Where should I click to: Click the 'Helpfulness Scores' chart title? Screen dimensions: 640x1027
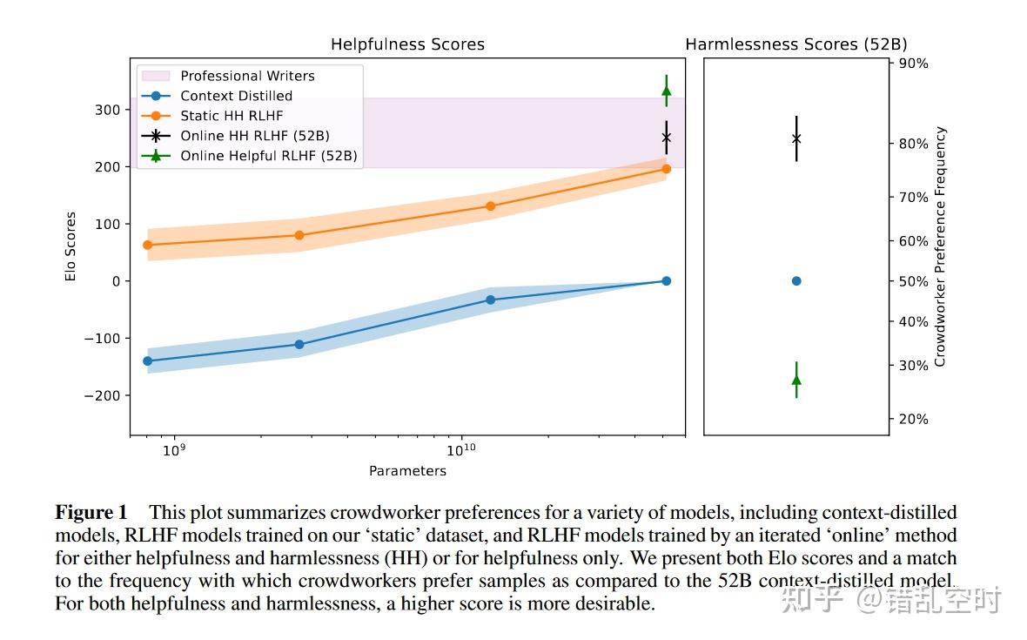(x=407, y=44)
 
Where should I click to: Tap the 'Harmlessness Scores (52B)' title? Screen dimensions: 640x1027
(x=795, y=44)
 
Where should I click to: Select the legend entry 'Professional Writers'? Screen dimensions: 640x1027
(x=247, y=76)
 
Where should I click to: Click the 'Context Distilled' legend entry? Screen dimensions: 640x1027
(x=236, y=96)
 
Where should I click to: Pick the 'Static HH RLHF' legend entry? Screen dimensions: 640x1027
(x=232, y=115)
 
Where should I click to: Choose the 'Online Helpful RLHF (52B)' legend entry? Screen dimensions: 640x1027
(x=268, y=156)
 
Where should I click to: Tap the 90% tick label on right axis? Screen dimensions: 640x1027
(x=913, y=63)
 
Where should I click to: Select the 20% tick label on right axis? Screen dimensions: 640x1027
(x=913, y=419)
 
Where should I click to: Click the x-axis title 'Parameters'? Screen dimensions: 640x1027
(x=407, y=471)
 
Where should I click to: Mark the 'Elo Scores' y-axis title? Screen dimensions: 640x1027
(x=71, y=246)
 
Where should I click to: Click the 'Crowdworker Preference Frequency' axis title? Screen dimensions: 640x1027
(x=940, y=246)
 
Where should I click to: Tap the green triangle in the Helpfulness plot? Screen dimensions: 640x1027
(x=667, y=91)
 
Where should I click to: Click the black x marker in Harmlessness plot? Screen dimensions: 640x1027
(x=796, y=138)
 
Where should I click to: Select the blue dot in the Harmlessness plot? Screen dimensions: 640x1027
(x=796, y=281)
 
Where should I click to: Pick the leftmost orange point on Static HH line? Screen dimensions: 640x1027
(x=147, y=245)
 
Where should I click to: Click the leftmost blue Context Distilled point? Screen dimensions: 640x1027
(x=147, y=360)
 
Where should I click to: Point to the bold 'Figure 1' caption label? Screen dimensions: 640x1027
(x=91, y=512)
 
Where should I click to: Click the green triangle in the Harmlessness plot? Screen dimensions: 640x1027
(x=796, y=380)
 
